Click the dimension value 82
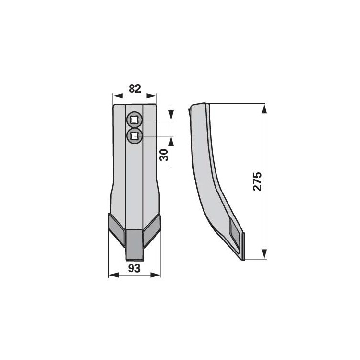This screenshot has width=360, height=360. pyautogui.click(x=135, y=88)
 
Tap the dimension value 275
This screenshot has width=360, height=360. pyautogui.click(x=257, y=181)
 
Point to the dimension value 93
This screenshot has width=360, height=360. pyautogui.click(x=135, y=268)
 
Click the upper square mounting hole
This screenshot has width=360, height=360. pyautogui.click(x=134, y=120)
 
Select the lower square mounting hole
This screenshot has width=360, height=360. pyautogui.click(x=134, y=136)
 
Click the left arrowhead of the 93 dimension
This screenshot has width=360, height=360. pyautogui.click(x=113, y=275)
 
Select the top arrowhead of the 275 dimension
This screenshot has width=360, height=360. pyautogui.click(x=264, y=107)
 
